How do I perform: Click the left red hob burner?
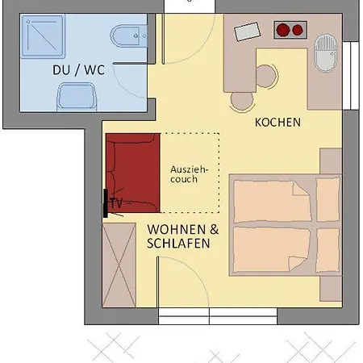[x=283, y=31]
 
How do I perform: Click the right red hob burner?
[x=297, y=31]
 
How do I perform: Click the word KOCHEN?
[x=277, y=123]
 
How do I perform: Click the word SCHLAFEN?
[x=179, y=243]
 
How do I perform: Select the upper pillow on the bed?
[x=328, y=198]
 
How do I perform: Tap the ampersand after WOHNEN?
[x=215, y=228]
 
